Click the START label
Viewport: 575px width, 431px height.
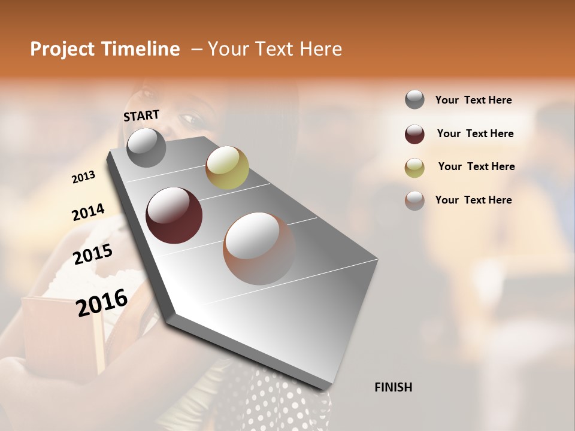pos(141,115)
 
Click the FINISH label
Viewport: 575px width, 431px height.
pos(393,387)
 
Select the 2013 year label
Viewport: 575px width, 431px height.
pos(83,177)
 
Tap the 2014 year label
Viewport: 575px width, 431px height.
pos(88,212)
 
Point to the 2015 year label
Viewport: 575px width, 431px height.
pos(93,254)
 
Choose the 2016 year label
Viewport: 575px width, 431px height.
pos(102,302)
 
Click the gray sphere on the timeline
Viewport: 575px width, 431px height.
pos(146,147)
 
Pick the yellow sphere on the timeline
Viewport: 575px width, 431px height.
pos(227,167)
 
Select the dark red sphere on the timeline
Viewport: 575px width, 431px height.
pos(174,215)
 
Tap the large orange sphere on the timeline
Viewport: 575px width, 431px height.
pos(259,248)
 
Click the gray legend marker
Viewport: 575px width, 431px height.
pos(414,99)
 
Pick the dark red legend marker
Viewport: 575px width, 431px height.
pos(414,134)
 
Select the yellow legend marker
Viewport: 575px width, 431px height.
pos(414,168)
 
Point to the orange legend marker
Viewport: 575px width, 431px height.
pos(414,201)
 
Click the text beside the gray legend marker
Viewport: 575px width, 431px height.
pos(473,100)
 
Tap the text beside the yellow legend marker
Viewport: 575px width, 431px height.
pos(476,166)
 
